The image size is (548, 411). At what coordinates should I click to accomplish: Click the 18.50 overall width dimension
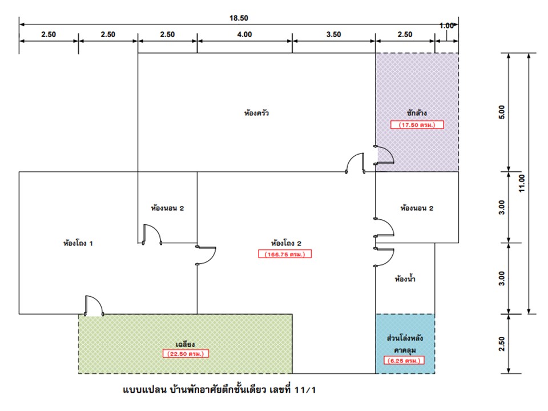click(x=239, y=18)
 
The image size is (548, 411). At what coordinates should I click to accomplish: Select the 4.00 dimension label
click(x=244, y=34)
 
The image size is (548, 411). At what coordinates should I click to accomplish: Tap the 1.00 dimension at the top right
click(x=446, y=26)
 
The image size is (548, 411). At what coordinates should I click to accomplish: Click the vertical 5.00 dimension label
click(x=502, y=112)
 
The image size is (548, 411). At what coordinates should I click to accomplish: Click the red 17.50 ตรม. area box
click(x=417, y=124)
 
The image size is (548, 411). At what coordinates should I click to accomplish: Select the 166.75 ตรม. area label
click(x=284, y=254)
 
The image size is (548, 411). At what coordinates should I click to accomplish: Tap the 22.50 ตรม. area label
click(x=186, y=354)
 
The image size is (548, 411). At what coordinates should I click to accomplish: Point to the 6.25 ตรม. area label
click(x=404, y=361)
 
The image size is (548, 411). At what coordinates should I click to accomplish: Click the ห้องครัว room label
click(x=256, y=113)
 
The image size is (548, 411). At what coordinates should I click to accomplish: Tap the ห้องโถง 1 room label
click(x=78, y=243)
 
